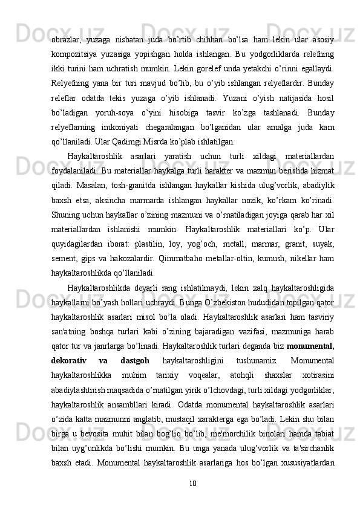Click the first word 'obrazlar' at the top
pyautogui.click(x=67, y=31)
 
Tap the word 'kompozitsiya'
pyautogui.click(x=74, y=47)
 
